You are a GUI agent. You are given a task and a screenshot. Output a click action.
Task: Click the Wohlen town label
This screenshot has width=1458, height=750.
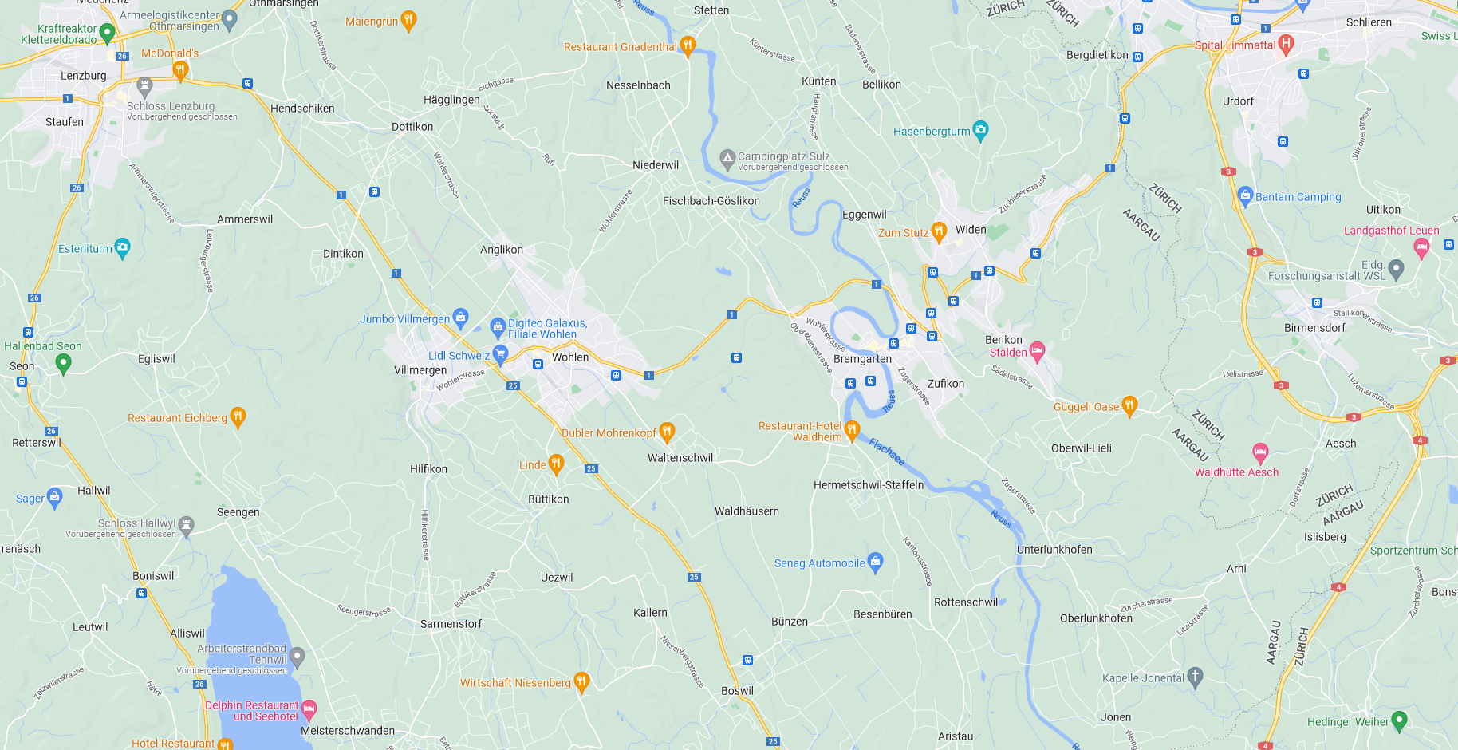coord(570,357)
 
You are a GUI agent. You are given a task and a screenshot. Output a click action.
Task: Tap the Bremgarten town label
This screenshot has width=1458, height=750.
coord(862,359)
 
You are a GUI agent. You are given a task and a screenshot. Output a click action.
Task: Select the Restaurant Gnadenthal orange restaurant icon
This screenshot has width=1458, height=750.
coord(688,45)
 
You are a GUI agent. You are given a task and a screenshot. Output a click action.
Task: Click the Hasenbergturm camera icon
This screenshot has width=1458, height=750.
coord(981,130)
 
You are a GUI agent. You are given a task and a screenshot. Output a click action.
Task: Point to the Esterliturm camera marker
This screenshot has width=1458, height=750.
coord(122,247)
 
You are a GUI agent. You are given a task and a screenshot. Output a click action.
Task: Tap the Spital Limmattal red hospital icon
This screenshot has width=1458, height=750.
coord(1285,44)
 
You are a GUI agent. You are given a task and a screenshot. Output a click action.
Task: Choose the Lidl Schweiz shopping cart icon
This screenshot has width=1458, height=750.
coord(501,354)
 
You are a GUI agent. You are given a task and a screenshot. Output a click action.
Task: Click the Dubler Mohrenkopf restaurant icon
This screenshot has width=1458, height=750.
coord(668,432)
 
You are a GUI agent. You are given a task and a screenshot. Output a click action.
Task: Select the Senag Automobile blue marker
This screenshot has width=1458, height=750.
coord(876,562)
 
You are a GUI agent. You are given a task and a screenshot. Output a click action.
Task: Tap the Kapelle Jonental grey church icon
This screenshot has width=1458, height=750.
coord(1195,677)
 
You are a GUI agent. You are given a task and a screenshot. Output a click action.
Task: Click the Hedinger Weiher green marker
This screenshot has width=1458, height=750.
coord(1399,720)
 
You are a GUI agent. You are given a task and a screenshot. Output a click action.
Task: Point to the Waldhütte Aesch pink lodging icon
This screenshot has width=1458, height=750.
coord(1260,453)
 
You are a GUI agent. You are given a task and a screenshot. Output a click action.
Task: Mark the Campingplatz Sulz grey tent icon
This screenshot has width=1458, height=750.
coord(727,158)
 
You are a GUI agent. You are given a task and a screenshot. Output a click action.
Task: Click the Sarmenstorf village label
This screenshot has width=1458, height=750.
coord(451,624)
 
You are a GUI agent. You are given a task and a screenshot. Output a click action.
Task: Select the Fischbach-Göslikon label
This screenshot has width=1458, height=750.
coord(711,201)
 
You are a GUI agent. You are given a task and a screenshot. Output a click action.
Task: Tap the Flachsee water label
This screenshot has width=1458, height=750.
coord(887,452)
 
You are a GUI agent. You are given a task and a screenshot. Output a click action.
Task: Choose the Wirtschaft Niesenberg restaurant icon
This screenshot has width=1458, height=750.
coord(581,681)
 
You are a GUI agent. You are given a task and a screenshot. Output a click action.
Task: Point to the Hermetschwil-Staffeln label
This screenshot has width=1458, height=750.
coord(868,485)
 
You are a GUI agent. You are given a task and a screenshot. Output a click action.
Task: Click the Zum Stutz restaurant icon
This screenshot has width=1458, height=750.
coord(939,231)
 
